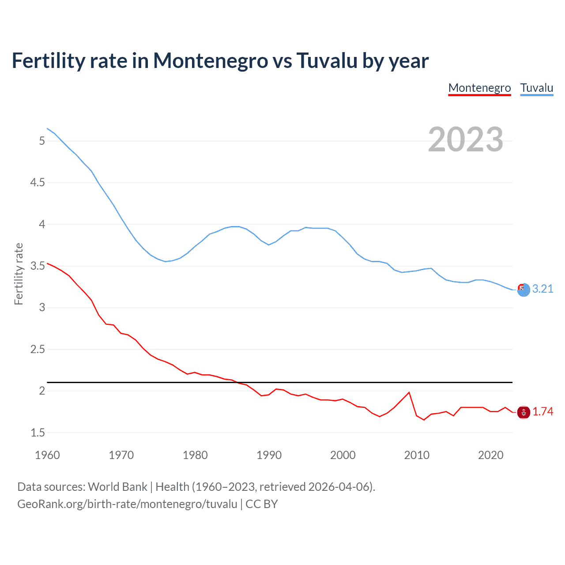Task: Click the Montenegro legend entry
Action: point(479,88)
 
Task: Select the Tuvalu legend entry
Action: point(536,88)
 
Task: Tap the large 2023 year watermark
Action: point(465,139)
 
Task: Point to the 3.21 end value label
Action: point(542,289)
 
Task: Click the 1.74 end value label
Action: point(542,411)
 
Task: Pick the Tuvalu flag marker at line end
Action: point(524,290)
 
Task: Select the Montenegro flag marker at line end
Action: point(524,412)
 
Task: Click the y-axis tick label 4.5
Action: point(38,183)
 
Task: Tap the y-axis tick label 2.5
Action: point(38,350)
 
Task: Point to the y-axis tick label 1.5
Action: point(38,433)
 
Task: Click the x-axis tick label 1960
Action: point(47,455)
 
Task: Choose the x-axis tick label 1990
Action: point(269,455)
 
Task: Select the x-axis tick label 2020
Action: point(490,455)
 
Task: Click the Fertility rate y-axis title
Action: point(19,274)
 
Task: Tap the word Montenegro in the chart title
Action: point(210,60)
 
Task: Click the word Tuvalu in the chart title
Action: point(327,60)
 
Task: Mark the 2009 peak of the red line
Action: point(409,392)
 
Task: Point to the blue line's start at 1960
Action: point(47,128)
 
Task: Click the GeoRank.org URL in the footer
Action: point(127,504)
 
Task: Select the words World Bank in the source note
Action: point(117,487)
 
